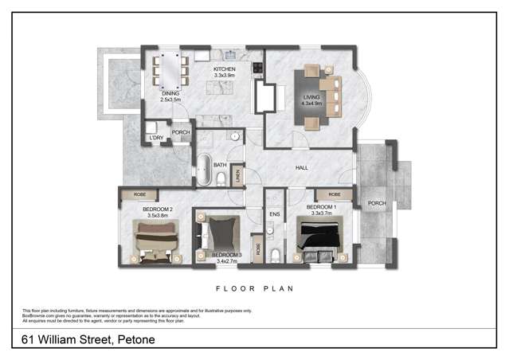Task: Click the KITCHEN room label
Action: click(x=224, y=70)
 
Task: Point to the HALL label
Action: click(x=301, y=167)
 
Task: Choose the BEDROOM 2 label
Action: click(x=160, y=209)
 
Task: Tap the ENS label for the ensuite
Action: click(x=274, y=214)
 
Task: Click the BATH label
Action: click(x=220, y=165)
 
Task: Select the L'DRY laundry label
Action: click(x=156, y=139)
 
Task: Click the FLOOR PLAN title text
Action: click(x=254, y=288)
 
